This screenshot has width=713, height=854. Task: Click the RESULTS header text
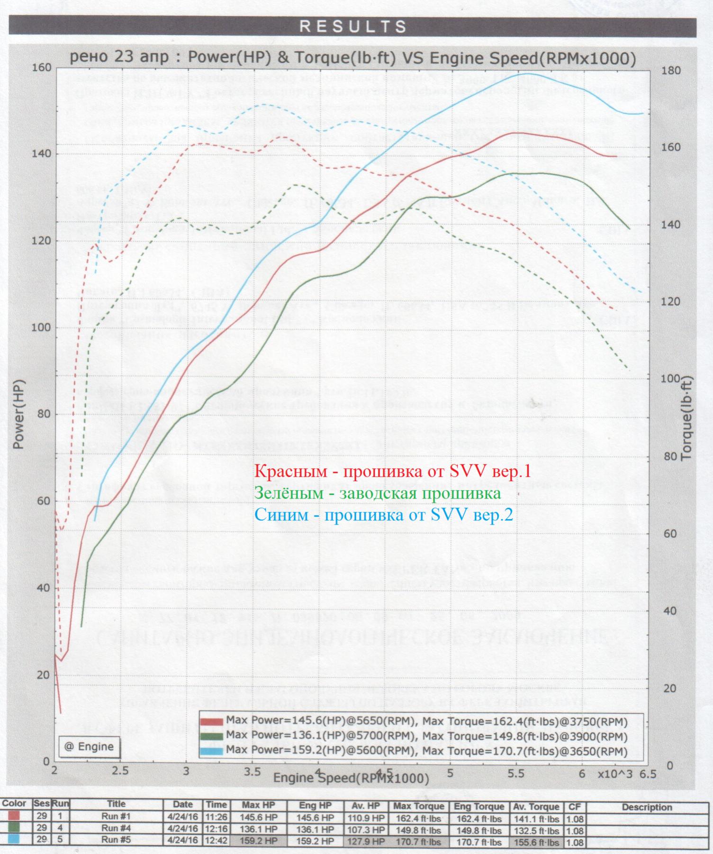353,27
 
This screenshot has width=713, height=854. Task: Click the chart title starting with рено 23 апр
352,58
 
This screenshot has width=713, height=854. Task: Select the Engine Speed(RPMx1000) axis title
351,778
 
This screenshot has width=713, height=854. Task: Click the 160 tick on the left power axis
41,68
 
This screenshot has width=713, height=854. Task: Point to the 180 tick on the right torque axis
671,71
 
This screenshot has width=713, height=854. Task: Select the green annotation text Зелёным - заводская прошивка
378,493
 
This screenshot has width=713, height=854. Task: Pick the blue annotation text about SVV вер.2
384,515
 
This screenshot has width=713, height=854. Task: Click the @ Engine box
89,747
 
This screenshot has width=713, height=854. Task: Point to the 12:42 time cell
216,840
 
